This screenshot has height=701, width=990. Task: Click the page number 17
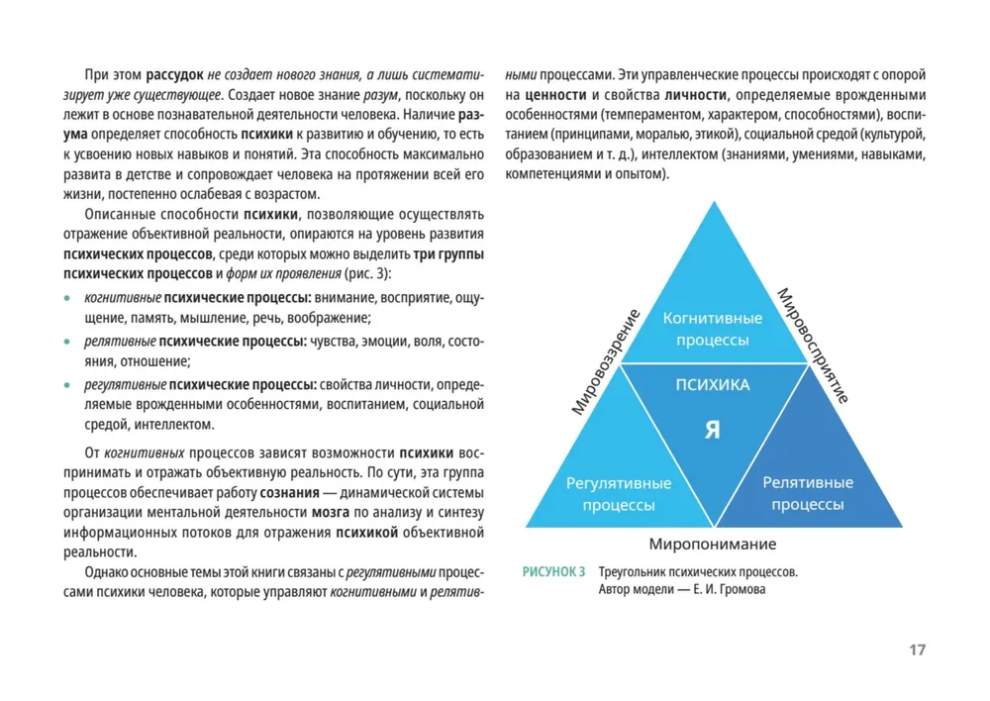click(916, 651)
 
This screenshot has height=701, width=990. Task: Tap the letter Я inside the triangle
click(712, 431)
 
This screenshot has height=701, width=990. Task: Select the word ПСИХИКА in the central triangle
click(712, 384)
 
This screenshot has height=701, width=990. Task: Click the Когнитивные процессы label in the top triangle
click(712, 329)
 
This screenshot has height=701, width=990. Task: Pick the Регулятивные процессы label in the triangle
click(618, 494)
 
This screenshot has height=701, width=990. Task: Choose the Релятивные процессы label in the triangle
click(807, 493)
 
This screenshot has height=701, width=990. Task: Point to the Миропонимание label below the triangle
click(712, 545)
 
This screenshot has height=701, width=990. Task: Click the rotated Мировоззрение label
click(606, 360)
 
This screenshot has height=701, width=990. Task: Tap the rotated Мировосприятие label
click(813, 345)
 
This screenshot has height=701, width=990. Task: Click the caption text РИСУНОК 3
click(554, 572)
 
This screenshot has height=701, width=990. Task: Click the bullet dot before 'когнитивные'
click(66, 298)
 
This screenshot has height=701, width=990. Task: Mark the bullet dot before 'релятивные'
click(66, 343)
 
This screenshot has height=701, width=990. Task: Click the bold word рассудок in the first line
click(175, 74)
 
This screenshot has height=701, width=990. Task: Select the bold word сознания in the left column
click(290, 492)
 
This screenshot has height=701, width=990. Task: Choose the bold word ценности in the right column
click(556, 95)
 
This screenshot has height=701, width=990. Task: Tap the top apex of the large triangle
click(713, 202)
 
